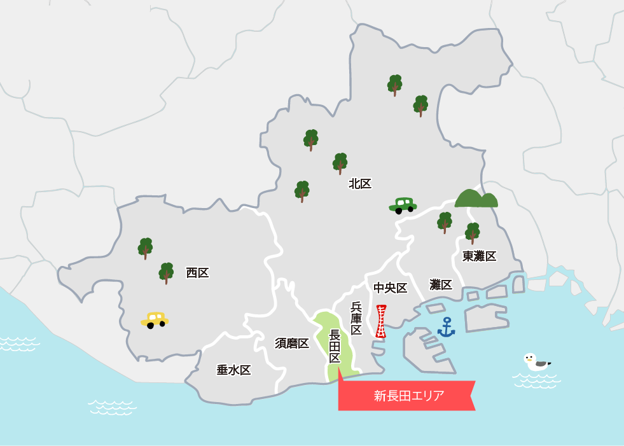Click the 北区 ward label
(x=360, y=184)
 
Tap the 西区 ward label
(x=197, y=273)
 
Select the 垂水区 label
(x=233, y=370)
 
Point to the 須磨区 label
(x=292, y=344)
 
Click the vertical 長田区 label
(x=335, y=346)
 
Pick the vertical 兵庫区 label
(x=356, y=318)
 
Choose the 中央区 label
(x=390, y=288)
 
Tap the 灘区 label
(x=441, y=284)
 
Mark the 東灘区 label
(x=479, y=256)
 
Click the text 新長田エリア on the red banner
(x=408, y=396)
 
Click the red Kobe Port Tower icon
(x=380, y=321)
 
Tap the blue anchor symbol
(x=447, y=327)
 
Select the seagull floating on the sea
(x=536, y=362)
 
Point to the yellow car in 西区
(x=155, y=319)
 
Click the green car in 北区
(x=403, y=205)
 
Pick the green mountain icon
(x=476, y=199)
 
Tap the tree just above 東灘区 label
(x=472, y=233)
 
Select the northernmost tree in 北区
(x=394, y=85)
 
